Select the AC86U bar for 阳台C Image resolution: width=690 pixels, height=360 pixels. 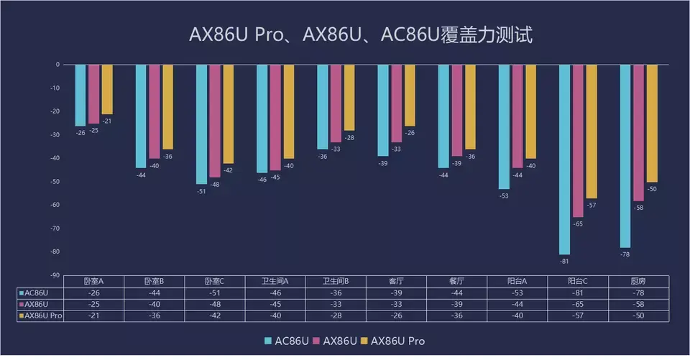point(564,159)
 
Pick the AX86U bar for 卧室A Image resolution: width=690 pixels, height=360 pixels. point(94,94)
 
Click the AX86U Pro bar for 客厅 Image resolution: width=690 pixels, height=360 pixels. point(410,96)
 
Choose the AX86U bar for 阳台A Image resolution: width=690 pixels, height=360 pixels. point(517,116)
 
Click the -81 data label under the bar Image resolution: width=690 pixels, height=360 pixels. point(564,261)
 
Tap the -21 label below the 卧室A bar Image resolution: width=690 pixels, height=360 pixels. point(107,121)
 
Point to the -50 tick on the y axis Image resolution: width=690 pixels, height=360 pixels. point(55,182)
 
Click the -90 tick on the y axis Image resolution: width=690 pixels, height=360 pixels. point(55,275)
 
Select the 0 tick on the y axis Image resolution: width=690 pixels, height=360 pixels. point(57,65)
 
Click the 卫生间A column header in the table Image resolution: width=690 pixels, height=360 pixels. point(276,282)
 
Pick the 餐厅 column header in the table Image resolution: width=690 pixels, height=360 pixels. point(457,282)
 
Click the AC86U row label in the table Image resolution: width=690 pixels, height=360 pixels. point(37,293)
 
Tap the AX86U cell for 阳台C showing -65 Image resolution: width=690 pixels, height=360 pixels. point(578,305)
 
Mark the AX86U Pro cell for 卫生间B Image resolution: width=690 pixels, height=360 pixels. point(336,316)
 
